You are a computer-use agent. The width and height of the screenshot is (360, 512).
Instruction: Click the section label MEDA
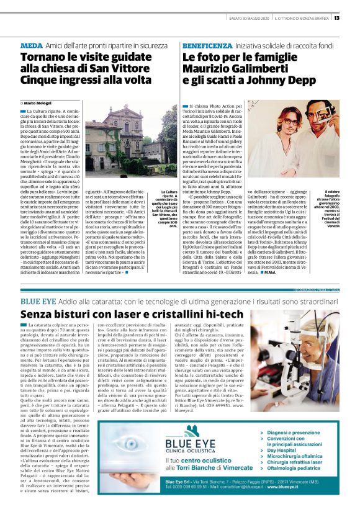coord(32,46)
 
